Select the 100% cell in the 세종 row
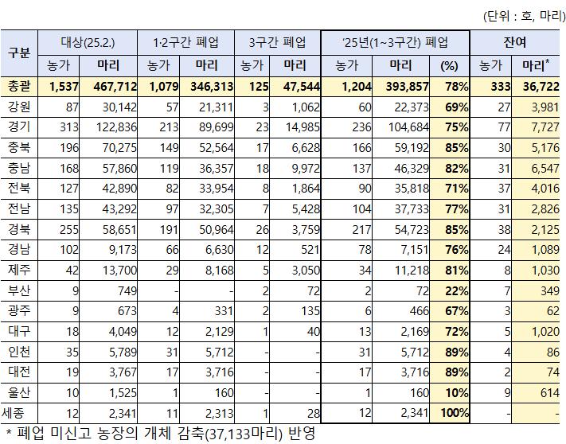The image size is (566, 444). pyautogui.click(x=454, y=412)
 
